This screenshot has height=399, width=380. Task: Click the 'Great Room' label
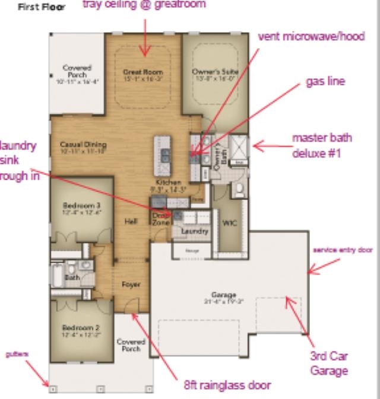[x=143, y=72]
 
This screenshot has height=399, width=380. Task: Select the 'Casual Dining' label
[x=83, y=144]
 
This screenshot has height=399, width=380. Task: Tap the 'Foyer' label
[x=131, y=285]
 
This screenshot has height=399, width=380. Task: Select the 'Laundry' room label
[x=194, y=231]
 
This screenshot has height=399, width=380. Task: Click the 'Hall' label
[x=131, y=221]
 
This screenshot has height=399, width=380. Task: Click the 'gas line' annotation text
[x=325, y=81]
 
